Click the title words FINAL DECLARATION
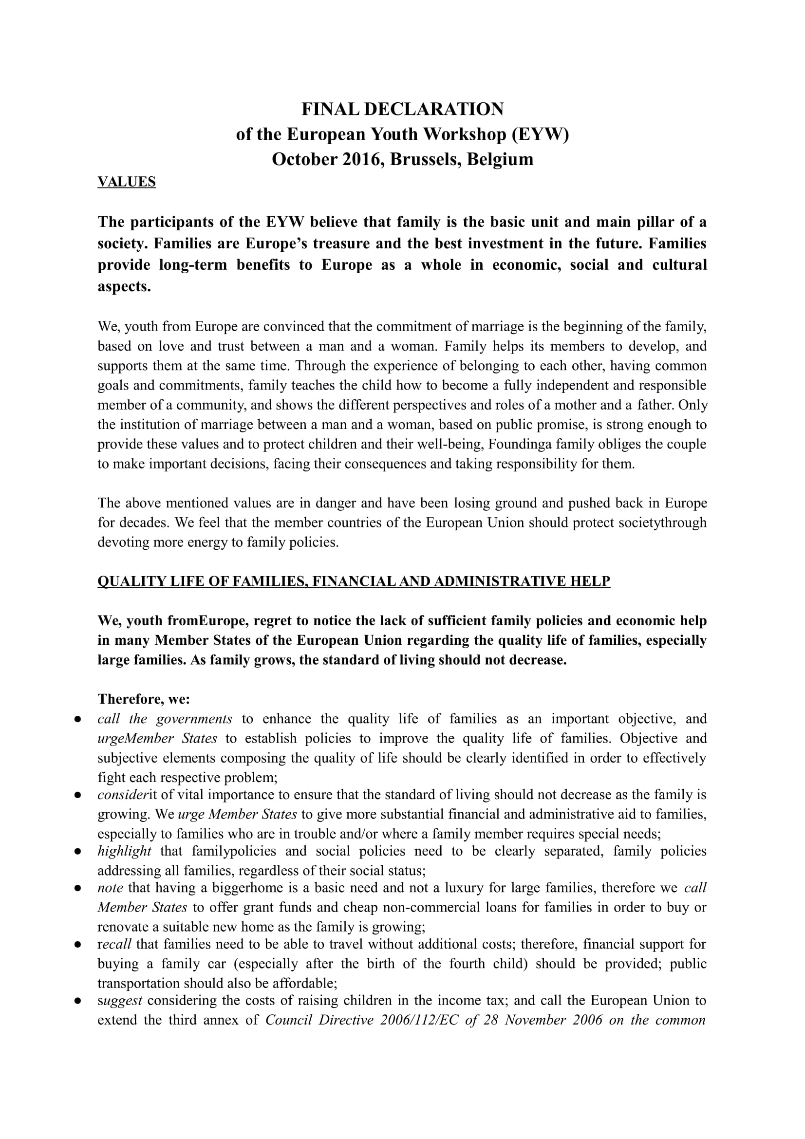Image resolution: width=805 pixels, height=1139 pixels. point(402,109)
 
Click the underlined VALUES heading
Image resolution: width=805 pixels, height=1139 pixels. point(127,182)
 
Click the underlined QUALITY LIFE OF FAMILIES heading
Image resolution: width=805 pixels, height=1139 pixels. point(354,581)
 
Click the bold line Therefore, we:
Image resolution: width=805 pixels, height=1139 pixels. point(144,699)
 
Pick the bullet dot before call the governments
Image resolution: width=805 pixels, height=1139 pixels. point(77,719)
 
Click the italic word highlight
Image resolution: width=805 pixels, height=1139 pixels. point(124,851)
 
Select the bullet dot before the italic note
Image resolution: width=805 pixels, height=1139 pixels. point(77,889)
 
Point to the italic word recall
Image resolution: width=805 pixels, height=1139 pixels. point(114,944)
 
